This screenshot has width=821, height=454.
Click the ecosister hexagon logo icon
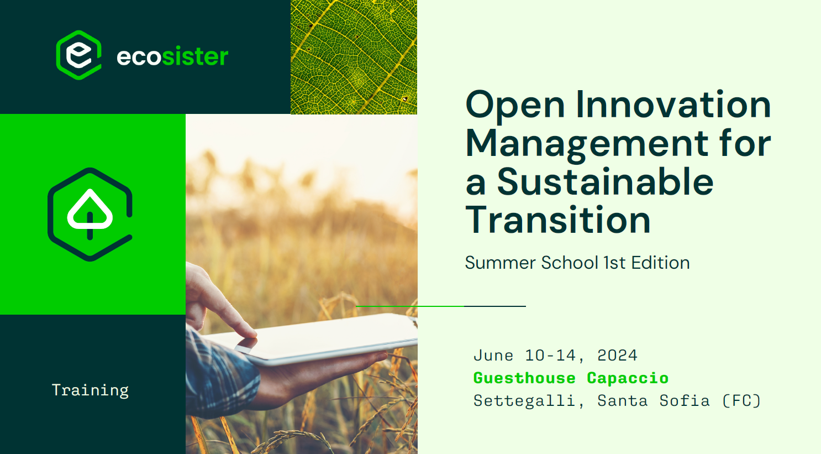click(x=78, y=55)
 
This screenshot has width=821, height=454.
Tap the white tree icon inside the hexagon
click(x=90, y=214)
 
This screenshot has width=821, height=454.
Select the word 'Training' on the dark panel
click(x=90, y=390)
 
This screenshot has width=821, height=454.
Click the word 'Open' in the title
click(x=515, y=105)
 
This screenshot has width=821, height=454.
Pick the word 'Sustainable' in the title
click(x=605, y=181)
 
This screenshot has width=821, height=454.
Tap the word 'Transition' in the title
click(x=558, y=220)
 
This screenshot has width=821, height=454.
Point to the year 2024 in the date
click(x=617, y=356)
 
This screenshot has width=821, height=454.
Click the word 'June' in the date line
click(x=493, y=356)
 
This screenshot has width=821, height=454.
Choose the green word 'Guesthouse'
click(x=524, y=378)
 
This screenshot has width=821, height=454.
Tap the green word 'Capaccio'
click(x=628, y=378)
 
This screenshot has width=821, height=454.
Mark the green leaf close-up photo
click(x=354, y=57)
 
